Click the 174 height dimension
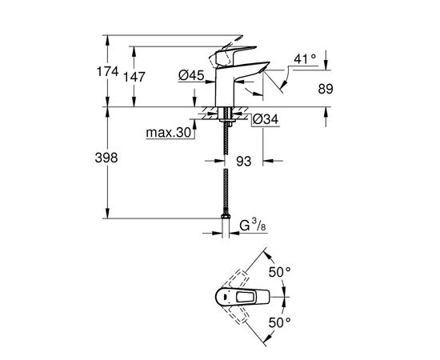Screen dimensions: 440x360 [107, 72]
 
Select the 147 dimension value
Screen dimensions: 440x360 [134, 77]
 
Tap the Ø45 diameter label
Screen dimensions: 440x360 [191, 75]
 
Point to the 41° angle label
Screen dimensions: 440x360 [305, 59]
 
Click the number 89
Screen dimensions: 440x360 [326, 89]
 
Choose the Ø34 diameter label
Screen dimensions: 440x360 [266, 119]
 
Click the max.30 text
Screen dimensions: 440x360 [168, 133]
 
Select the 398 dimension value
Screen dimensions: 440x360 [106, 158]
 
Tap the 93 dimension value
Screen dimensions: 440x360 [243, 162]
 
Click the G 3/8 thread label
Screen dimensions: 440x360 [253, 225]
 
